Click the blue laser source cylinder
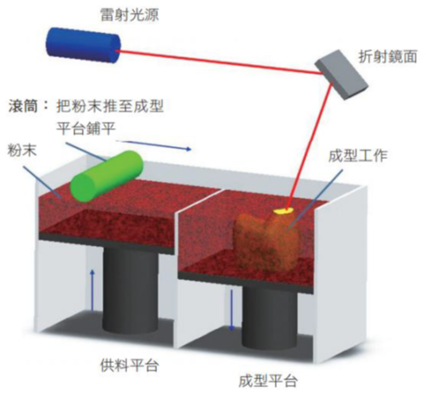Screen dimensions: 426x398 click(x=84, y=45)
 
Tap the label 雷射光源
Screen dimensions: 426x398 click(x=130, y=15)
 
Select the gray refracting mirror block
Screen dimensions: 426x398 click(x=341, y=74)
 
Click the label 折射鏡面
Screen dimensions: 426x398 click(x=388, y=56)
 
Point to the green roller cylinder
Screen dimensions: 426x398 click(x=107, y=176)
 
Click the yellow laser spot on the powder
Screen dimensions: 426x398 click(x=283, y=211)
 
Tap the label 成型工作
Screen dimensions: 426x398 click(x=358, y=155)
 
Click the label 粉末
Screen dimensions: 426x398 click(x=22, y=150)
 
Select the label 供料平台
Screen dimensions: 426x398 click(x=130, y=365)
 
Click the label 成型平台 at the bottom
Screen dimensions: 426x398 click(x=268, y=381)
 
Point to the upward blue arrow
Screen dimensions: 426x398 click(x=92, y=290)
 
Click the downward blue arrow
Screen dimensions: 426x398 click(x=231, y=310)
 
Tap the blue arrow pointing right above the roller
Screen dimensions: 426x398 click(x=154, y=144)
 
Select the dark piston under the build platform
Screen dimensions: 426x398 click(x=269, y=316)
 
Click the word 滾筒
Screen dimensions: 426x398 click(x=23, y=106)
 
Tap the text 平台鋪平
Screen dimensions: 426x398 click(x=86, y=127)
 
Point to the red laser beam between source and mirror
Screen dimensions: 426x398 click(x=219, y=62)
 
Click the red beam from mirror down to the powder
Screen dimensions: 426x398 click(x=309, y=145)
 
